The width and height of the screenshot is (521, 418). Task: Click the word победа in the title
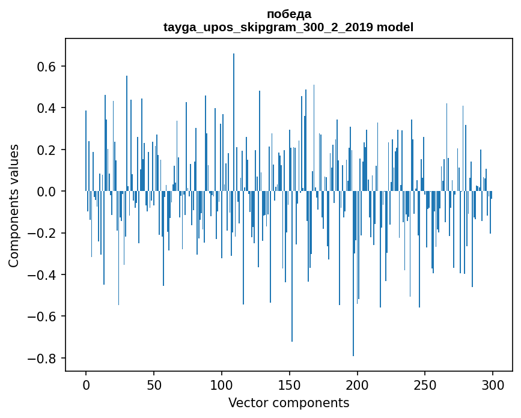click(288, 14)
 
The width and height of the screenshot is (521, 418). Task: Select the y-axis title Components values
click(14, 205)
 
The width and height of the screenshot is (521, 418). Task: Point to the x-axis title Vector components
click(288, 402)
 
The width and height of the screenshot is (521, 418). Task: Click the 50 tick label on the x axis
click(154, 384)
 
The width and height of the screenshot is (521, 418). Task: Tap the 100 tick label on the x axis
click(222, 384)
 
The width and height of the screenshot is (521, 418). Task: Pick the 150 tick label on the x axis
click(290, 384)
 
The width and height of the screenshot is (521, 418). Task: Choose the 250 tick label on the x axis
click(425, 384)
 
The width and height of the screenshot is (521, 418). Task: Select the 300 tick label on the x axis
click(493, 384)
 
